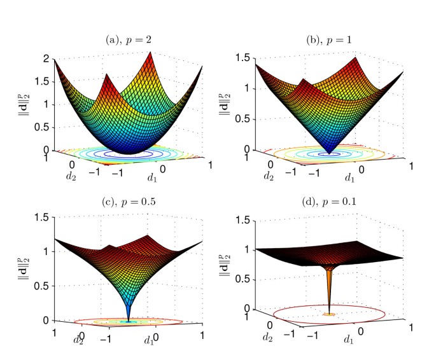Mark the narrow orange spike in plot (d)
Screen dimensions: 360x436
click(328, 286)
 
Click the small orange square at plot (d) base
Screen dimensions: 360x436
click(328, 314)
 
